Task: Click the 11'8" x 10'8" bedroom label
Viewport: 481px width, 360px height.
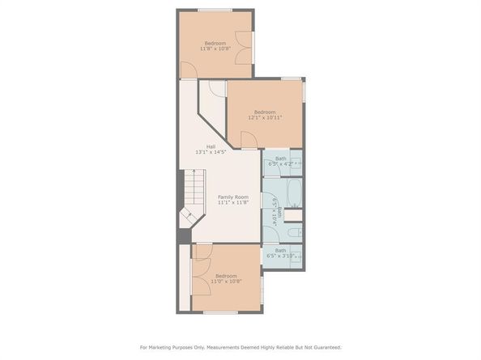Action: pos(215,49)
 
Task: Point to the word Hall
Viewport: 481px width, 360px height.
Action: pos(210,146)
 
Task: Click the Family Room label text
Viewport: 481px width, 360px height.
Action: pos(233,197)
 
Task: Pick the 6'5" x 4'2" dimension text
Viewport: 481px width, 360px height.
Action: pos(281,164)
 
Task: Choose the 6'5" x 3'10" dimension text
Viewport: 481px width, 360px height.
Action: pos(281,256)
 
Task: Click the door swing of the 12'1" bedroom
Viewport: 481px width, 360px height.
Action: pos(249,140)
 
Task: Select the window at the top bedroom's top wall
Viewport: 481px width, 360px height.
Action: pos(215,10)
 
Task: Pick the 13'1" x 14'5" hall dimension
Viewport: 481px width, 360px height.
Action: pos(210,153)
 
